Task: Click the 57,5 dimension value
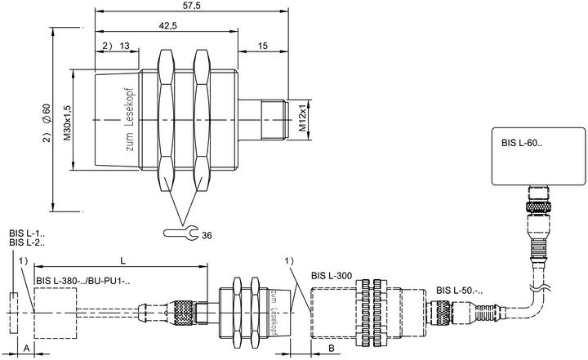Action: click(x=193, y=6)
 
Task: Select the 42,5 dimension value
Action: click(x=167, y=26)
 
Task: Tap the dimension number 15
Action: click(x=263, y=46)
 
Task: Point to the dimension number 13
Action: click(x=124, y=46)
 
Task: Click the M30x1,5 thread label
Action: click(x=67, y=123)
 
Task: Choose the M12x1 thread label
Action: click(x=302, y=120)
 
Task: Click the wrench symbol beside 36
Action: click(x=181, y=233)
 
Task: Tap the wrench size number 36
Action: click(x=207, y=235)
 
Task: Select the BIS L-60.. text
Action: click(x=522, y=143)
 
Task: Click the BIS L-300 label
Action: click(x=332, y=276)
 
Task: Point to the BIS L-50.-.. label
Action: click(x=459, y=291)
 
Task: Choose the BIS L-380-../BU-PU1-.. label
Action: click(x=83, y=282)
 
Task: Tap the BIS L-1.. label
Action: click(x=27, y=233)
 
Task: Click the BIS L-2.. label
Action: click(x=27, y=242)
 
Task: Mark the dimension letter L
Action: click(x=122, y=260)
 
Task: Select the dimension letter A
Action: click(x=27, y=349)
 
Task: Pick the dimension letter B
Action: click(x=332, y=349)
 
